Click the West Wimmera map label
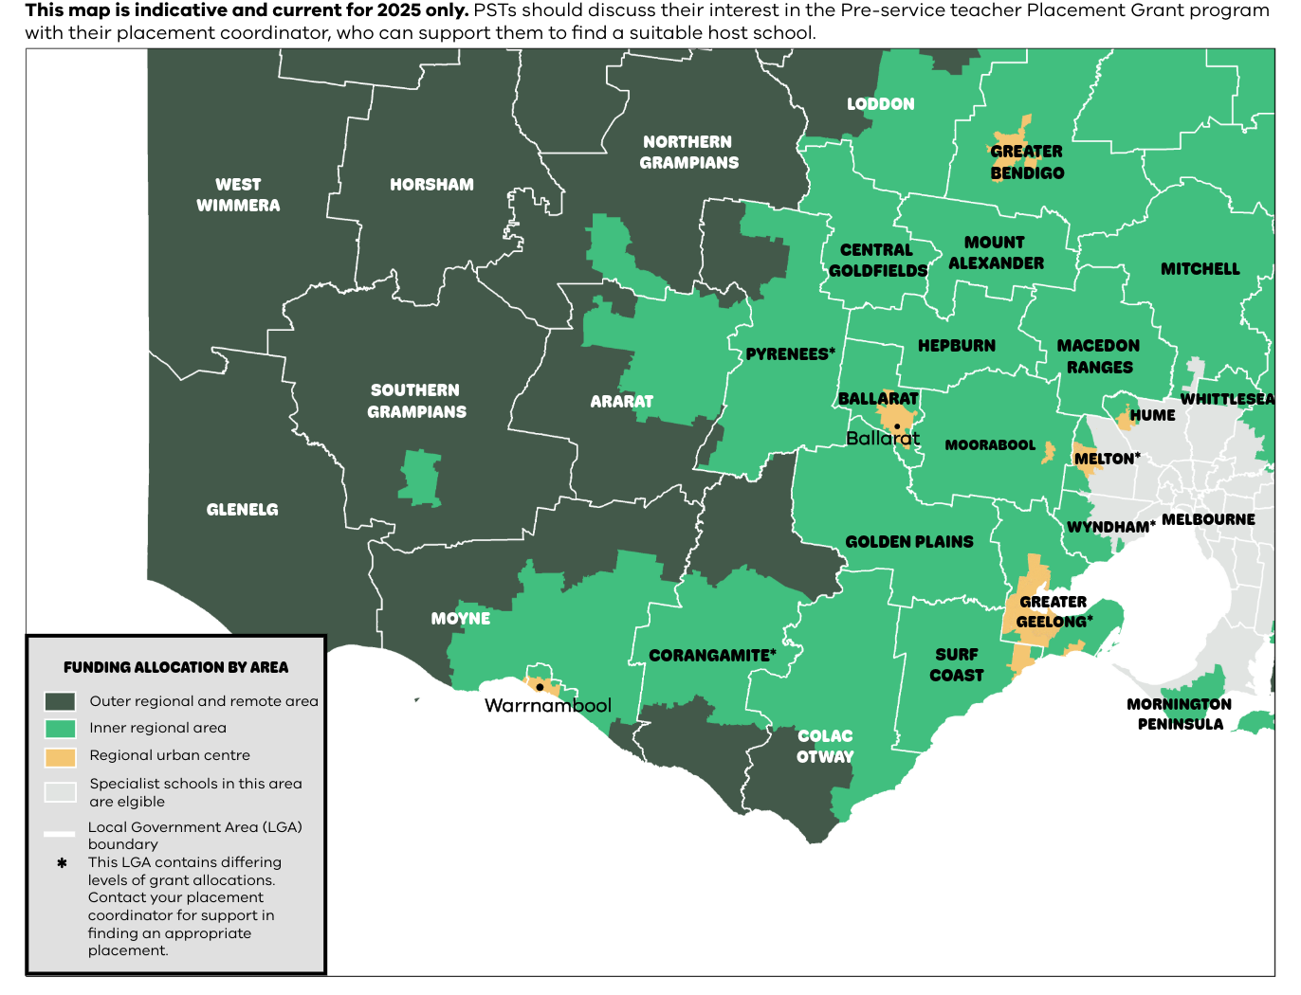(238, 195)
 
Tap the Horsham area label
(431, 185)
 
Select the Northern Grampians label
(688, 153)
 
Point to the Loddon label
(880, 104)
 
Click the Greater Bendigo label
(1027, 162)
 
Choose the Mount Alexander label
(996, 253)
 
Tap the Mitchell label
(1200, 269)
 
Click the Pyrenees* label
(790, 354)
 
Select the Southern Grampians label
(416, 401)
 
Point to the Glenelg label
(243, 510)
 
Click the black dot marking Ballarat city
(897, 426)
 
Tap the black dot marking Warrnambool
(540, 687)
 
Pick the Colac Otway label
(825, 747)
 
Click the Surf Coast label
(956, 665)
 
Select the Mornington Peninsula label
(1180, 715)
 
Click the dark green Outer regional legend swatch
(60, 702)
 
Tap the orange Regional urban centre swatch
(60, 757)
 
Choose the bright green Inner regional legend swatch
(60, 729)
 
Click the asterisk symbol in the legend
(62, 863)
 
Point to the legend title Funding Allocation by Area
(175, 667)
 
